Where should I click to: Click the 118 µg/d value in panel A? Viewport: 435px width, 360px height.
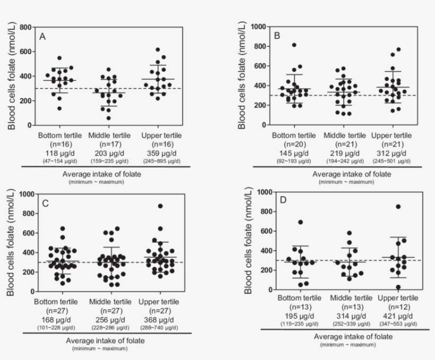(58, 151)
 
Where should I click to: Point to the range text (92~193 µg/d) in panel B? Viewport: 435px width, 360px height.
(293, 159)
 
